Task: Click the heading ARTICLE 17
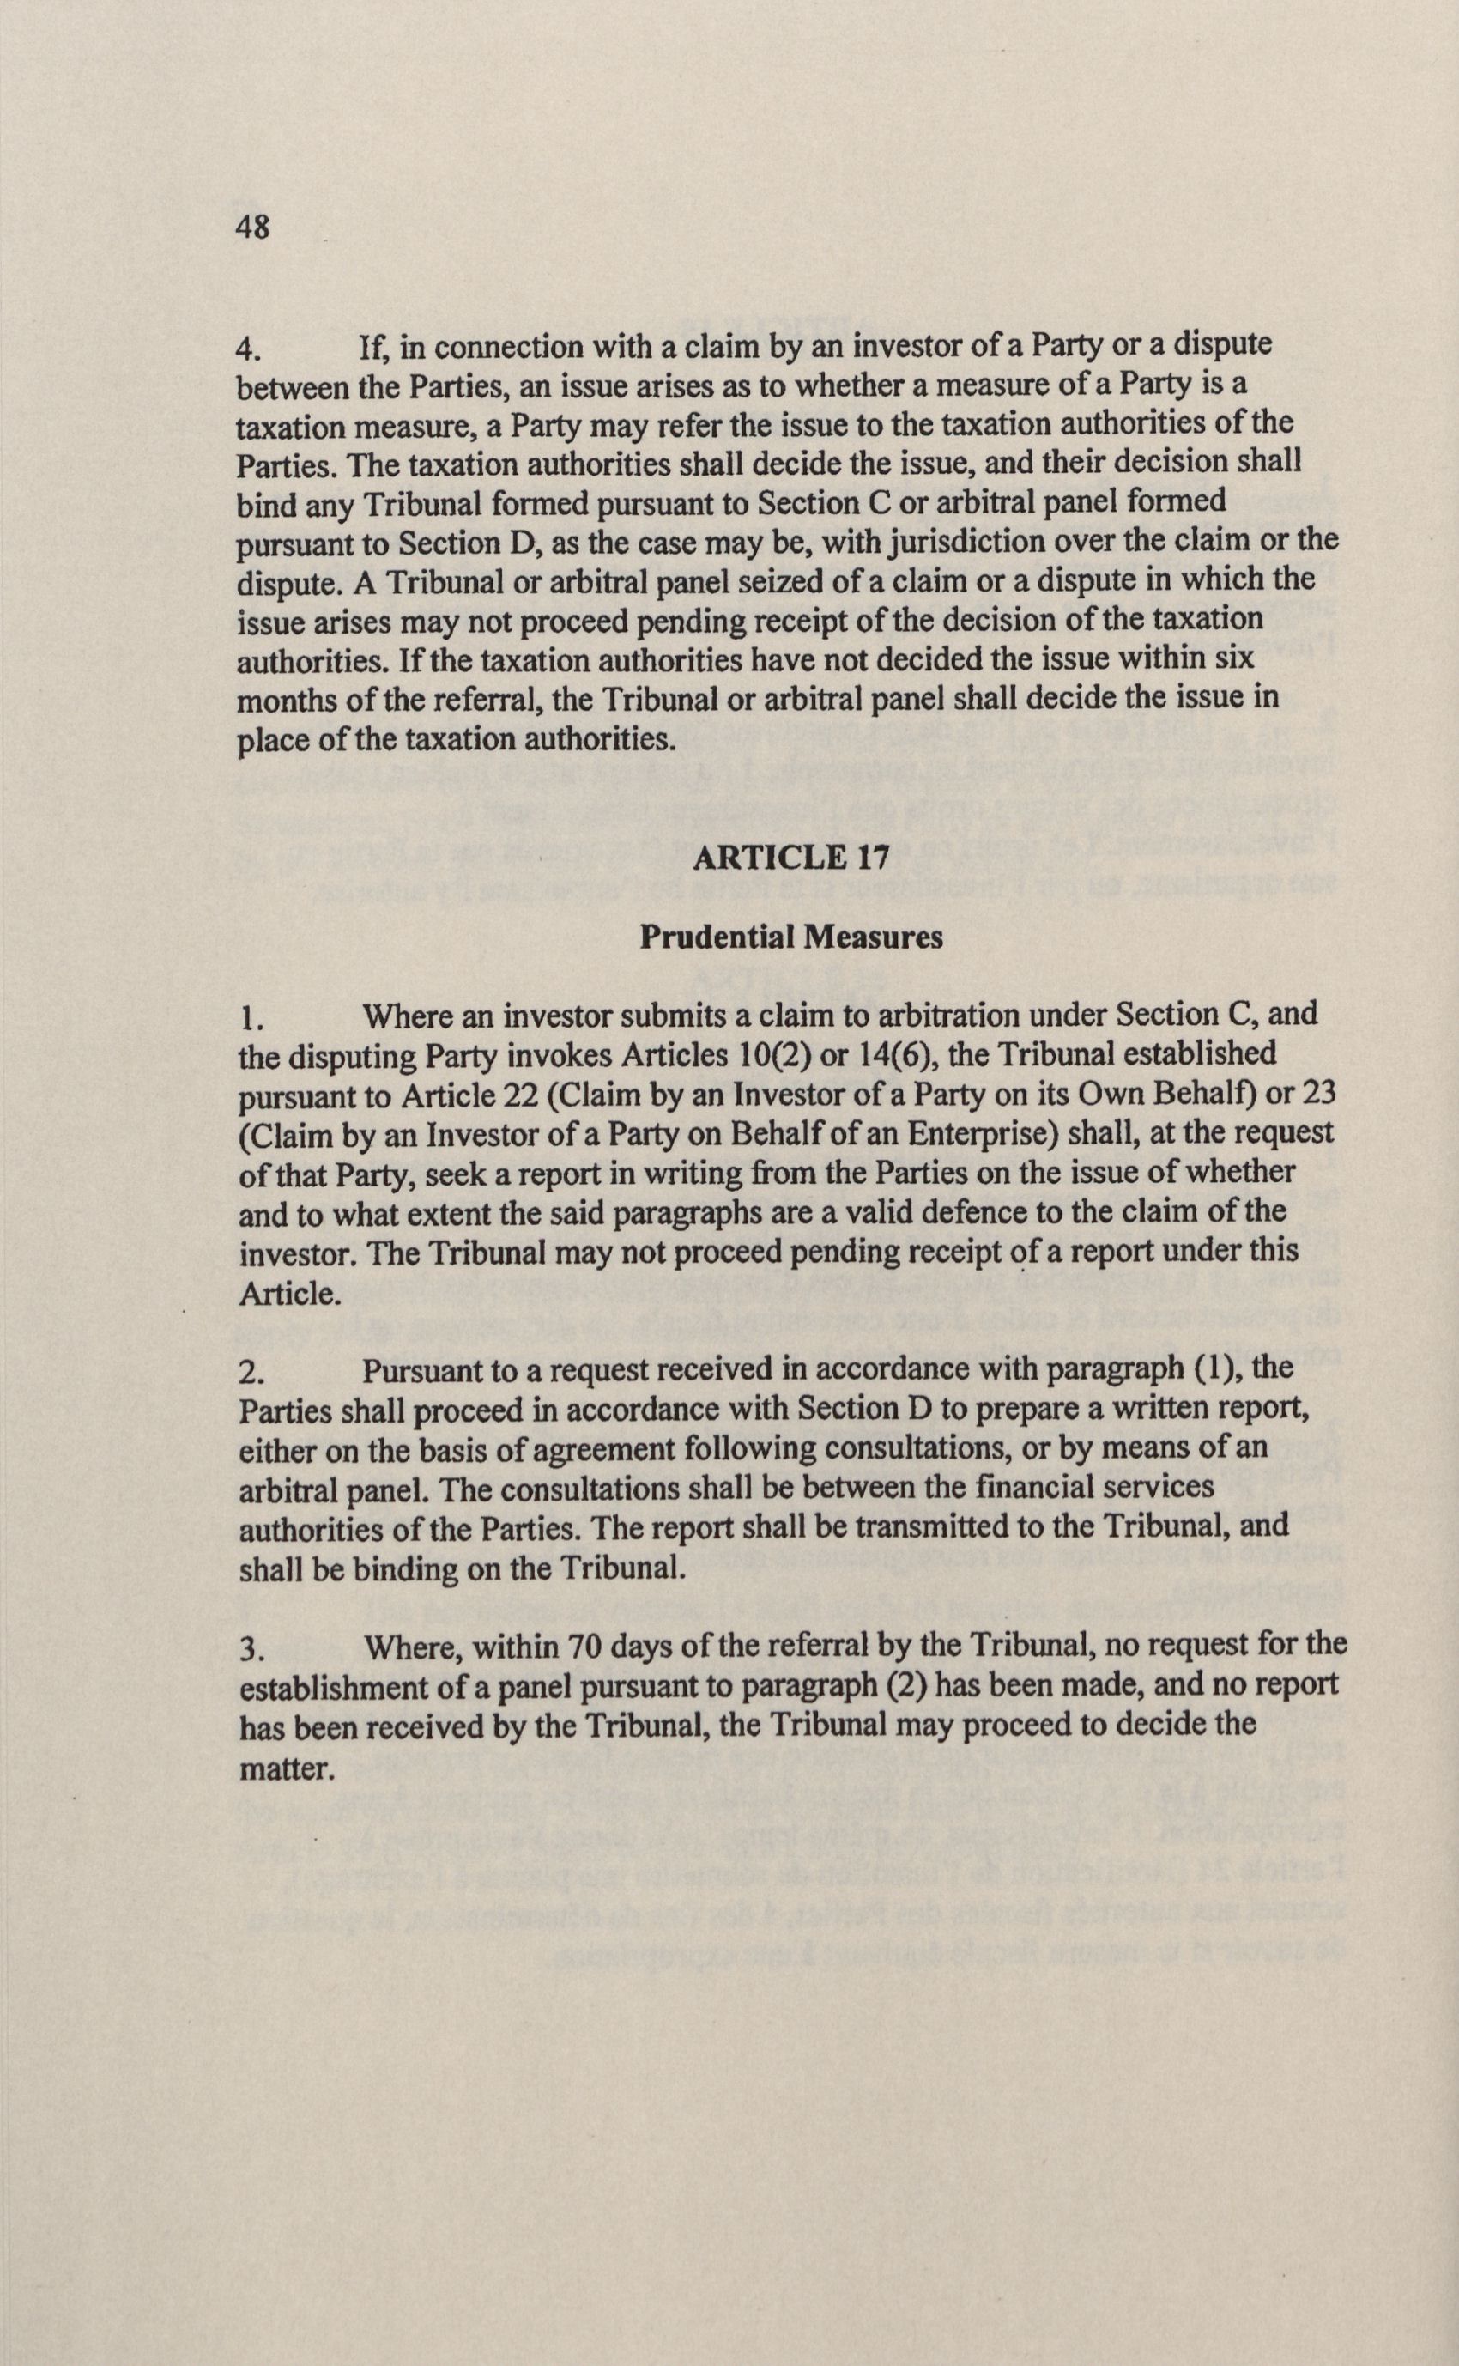point(791,857)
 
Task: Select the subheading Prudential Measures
point(791,937)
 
